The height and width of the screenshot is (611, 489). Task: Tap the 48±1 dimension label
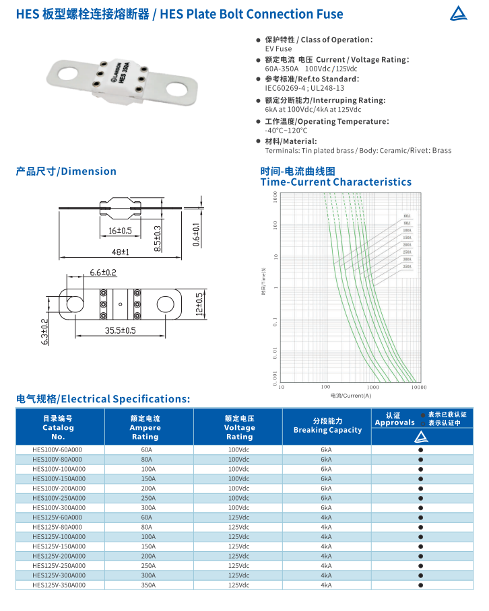pyautogui.click(x=120, y=252)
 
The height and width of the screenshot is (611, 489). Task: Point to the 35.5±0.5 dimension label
pyautogui.click(x=120, y=330)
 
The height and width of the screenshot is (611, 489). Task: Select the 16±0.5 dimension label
pyautogui.click(x=121, y=231)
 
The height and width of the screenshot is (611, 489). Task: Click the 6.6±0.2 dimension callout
pyautogui.click(x=103, y=273)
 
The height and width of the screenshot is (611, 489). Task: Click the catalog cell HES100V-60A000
pyautogui.click(x=59, y=450)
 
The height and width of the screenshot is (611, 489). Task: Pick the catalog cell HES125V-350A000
pyautogui.click(x=59, y=585)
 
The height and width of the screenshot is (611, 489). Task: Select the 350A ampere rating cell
pyautogui.click(x=148, y=585)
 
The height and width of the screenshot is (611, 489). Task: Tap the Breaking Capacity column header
pyautogui.click(x=327, y=430)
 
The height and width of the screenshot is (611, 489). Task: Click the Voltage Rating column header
pyautogui.click(x=239, y=427)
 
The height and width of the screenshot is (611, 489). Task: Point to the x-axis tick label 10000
pyautogui.click(x=419, y=387)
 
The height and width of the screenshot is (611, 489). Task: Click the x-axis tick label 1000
pyautogui.click(x=372, y=387)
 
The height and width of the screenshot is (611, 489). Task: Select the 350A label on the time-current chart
pyautogui.click(x=407, y=266)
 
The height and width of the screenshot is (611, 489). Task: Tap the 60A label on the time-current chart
pyautogui.click(x=407, y=216)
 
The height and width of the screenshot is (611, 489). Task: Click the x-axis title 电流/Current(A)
pyautogui.click(x=351, y=395)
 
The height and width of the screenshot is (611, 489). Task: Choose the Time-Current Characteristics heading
pyautogui.click(x=335, y=182)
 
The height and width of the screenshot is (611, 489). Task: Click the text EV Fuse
pyautogui.click(x=278, y=48)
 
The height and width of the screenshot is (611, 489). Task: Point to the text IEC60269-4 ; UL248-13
pyautogui.click(x=304, y=88)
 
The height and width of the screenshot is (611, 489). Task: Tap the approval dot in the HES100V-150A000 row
pyautogui.click(x=421, y=478)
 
